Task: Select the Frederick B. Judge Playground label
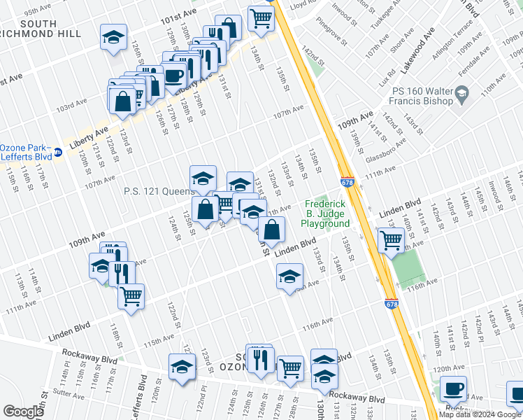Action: (325, 216)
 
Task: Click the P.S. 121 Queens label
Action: (159, 191)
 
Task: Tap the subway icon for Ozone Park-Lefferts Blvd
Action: (59, 152)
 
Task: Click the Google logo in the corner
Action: (22, 412)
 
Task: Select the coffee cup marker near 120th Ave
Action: (453, 388)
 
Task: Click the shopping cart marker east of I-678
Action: (391, 239)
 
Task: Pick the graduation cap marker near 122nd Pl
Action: (182, 366)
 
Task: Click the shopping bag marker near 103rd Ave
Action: (122, 99)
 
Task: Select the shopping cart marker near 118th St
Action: (131, 296)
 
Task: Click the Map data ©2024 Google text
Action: (480, 414)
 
